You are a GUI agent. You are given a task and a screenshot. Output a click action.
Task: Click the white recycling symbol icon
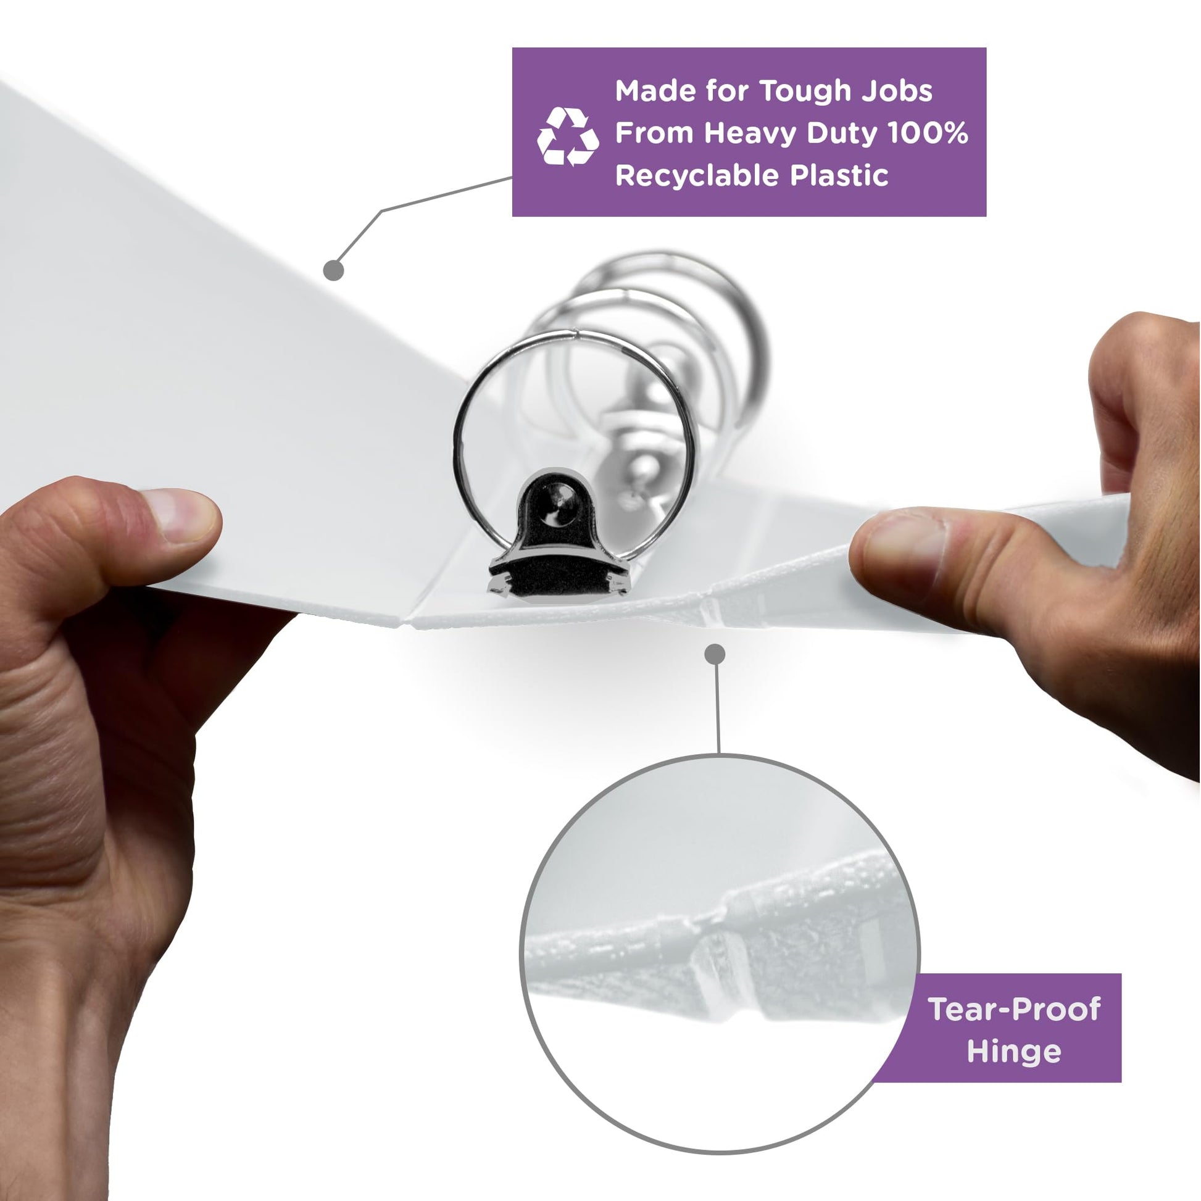[x=568, y=137]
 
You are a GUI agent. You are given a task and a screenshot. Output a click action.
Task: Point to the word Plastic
[x=839, y=175]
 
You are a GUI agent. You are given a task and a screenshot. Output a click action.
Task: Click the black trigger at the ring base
[x=560, y=541]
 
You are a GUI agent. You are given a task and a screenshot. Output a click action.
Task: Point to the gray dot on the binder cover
[x=334, y=270]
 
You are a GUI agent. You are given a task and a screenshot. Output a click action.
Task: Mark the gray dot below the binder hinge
[x=715, y=654]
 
